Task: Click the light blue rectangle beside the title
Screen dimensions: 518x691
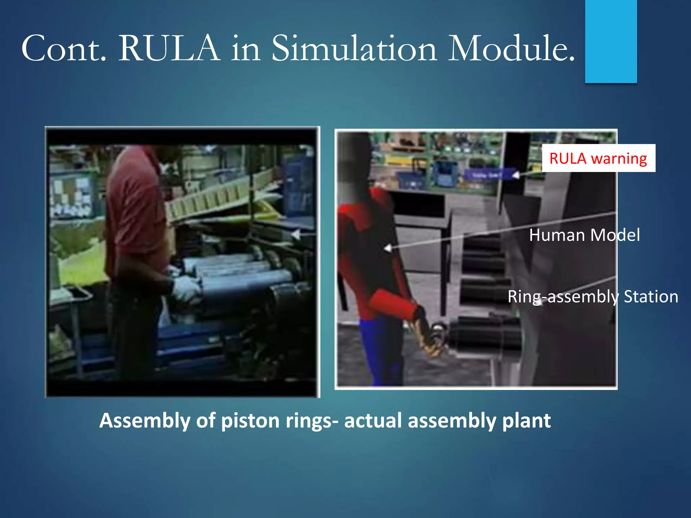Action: [x=611, y=40]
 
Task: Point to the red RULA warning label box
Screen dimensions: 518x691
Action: [x=598, y=158]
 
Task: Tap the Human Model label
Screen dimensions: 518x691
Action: [x=584, y=235]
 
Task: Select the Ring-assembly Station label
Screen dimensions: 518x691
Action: [x=592, y=297]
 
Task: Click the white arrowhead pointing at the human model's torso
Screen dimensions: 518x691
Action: [x=388, y=248]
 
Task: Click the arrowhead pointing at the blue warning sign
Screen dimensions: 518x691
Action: [x=516, y=175]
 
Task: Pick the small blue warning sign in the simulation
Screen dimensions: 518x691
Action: [x=488, y=175]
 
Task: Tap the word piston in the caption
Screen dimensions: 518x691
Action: [x=250, y=421]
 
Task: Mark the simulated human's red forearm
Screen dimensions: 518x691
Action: [x=395, y=305]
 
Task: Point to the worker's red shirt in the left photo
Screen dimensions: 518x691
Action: [x=135, y=209]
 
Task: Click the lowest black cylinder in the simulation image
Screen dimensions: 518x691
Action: [x=486, y=334]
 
